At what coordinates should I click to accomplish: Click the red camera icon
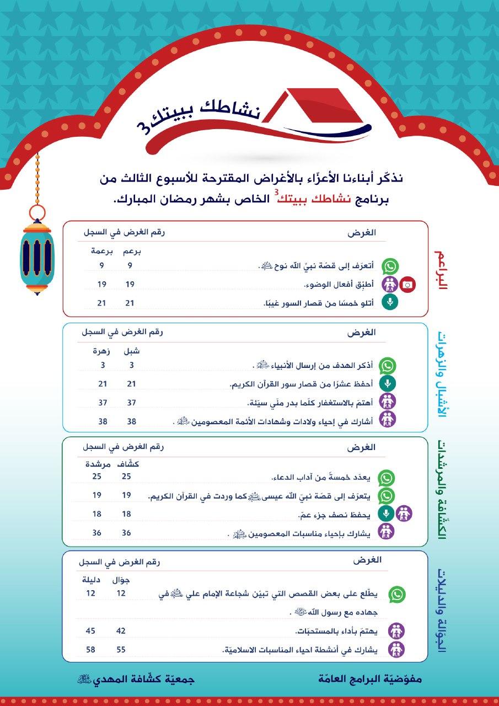[x=407, y=285]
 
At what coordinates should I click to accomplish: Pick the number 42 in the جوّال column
[x=121, y=631]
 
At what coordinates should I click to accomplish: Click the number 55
[x=121, y=650]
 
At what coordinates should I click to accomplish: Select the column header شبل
[x=131, y=351]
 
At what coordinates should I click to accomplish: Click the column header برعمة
[x=102, y=252]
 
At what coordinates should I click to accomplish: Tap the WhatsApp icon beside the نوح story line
[x=390, y=266]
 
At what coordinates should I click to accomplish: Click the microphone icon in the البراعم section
[x=390, y=302]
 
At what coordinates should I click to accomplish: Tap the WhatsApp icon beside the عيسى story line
[x=386, y=495]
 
